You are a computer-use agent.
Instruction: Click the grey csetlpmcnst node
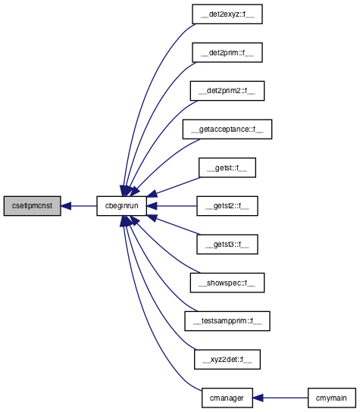click(x=33, y=206)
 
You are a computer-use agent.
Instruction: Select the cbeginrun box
click(x=121, y=206)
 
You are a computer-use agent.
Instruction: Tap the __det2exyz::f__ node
click(x=227, y=14)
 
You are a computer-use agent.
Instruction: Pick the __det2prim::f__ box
click(x=227, y=52)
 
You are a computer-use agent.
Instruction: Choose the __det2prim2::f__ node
click(x=227, y=91)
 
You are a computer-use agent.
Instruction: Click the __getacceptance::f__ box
click(x=227, y=130)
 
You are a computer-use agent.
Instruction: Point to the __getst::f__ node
click(x=227, y=167)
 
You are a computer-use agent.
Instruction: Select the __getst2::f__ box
click(x=227, y=206)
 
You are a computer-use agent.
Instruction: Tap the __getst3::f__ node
click(x=227, y=245)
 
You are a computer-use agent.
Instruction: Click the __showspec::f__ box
click(x=227, y=282)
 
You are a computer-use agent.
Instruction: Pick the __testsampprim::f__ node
click(x=227, y=321)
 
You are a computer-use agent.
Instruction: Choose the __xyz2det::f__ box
click(x=227, y=360)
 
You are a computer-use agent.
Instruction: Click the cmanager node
click(x=227, y=398)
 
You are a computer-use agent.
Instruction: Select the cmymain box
click(x=332, y=398)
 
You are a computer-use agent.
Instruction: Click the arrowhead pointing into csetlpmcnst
click(x=66, y=206)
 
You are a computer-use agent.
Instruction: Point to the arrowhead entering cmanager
click(x=258, y=398)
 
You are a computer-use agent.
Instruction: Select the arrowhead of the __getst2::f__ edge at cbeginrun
click(x=152, y=206)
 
